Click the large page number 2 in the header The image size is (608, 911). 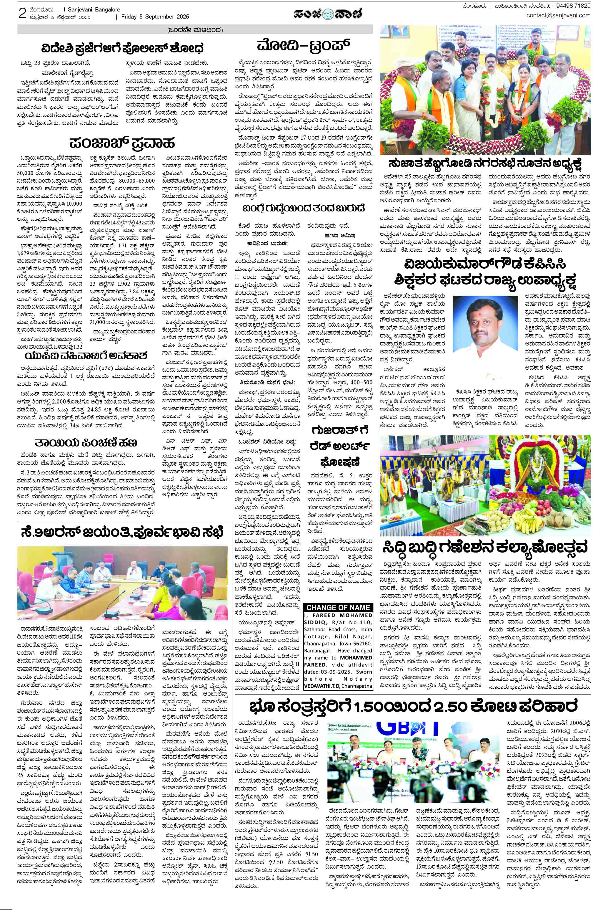coord(22,14)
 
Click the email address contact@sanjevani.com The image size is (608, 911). coord(558,16)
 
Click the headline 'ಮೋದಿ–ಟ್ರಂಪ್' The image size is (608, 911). coord(303,46)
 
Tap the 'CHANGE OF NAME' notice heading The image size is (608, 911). coord(339,607)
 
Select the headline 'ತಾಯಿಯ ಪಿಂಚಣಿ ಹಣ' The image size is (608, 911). coord(85,442)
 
